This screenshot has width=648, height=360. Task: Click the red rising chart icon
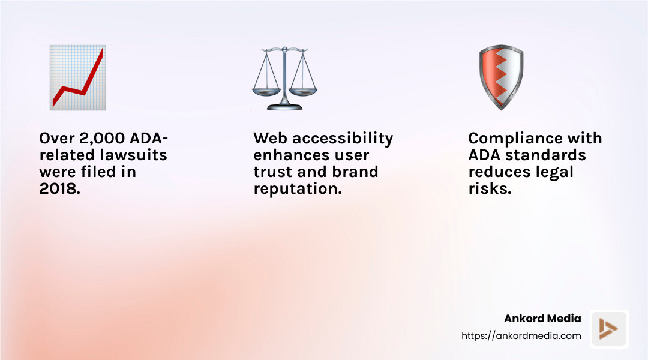(x=77, y=77)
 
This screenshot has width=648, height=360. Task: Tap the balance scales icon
(x=284, y=79)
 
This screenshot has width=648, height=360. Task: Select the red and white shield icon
(x=501, y=77)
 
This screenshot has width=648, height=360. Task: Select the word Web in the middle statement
(x=271, y=139)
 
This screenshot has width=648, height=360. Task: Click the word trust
(x=273, y=172)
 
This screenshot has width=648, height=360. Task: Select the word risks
(x=489, y=188)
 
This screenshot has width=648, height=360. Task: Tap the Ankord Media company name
(x=542, y=319)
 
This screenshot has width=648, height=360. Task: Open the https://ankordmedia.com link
(x=521, y=336)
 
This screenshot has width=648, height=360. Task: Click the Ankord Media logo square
(x=608, y=329)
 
